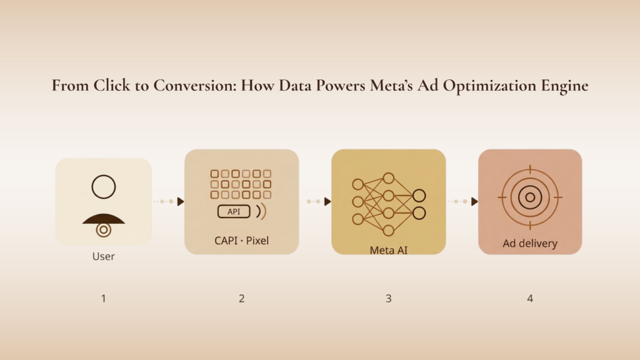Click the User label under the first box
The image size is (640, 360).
tap(104, 256)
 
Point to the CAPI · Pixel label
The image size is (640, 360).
tap(241, 240)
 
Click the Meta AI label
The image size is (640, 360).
tap(388, 249)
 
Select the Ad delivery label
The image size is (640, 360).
tap(529, 244)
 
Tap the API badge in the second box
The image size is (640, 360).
tap(234, 211)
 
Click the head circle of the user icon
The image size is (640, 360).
tap(104, 187)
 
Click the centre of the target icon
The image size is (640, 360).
tap(530, 197)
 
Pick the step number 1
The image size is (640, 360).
tap(104, 299)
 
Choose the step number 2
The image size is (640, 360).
tap(241, 299)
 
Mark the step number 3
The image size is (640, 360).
tap(388, 299)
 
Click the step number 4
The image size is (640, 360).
tap(530, 299)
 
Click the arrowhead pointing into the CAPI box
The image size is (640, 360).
tap(181, 201)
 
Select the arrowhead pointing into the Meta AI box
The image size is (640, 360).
tap(327, 201)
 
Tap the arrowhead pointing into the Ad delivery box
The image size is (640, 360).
tap(474, 201)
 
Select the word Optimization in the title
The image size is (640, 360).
tap(484, 86)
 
